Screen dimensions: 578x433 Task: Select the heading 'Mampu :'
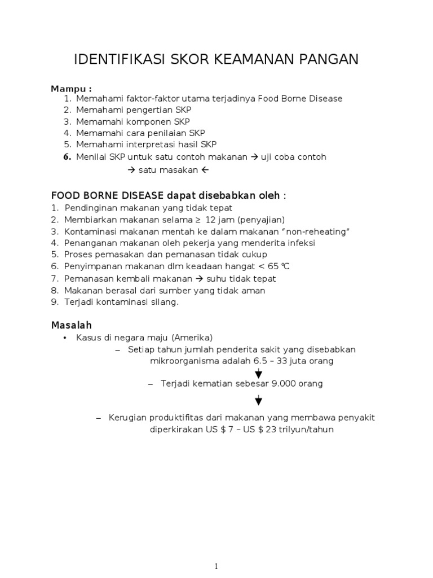point(72,89)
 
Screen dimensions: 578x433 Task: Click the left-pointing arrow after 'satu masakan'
point(205,169)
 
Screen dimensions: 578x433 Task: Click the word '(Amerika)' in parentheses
point(193,338)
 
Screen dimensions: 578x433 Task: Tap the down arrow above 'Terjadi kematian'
point(258,373)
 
